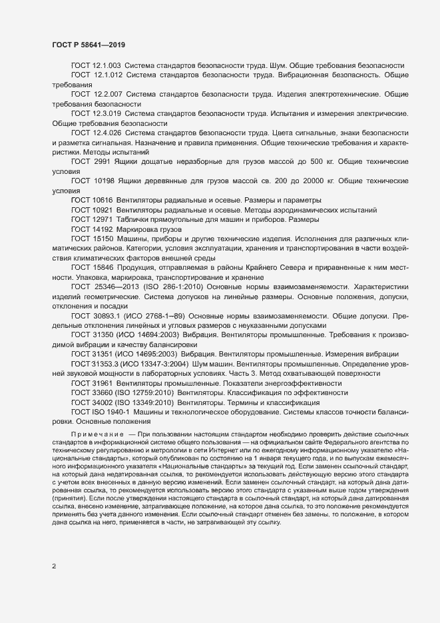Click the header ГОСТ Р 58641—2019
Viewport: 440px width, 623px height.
[89, 45]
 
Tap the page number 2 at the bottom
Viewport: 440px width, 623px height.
[54, 567]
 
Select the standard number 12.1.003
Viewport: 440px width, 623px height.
[107, 65]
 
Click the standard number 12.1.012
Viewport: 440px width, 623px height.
[108, 76]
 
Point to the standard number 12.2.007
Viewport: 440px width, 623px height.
[108, 95]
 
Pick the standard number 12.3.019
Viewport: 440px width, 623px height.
[107, 114]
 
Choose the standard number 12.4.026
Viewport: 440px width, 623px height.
[107, 133]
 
